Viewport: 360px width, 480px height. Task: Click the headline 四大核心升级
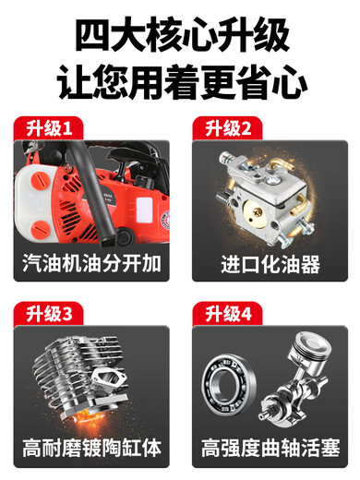coord(180,34)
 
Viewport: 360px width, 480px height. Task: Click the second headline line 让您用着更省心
coord(180,83)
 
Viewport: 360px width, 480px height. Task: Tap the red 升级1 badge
coord(47,127)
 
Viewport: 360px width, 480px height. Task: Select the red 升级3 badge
coord(47,313)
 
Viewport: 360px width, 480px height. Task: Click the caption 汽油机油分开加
coord(90,263)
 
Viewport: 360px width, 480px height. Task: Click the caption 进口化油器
coord(270,263)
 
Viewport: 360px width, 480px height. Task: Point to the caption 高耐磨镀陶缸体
coord(90,449)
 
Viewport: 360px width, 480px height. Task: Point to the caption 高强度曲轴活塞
coord(270,449)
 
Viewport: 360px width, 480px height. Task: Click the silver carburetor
coord(269,189)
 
